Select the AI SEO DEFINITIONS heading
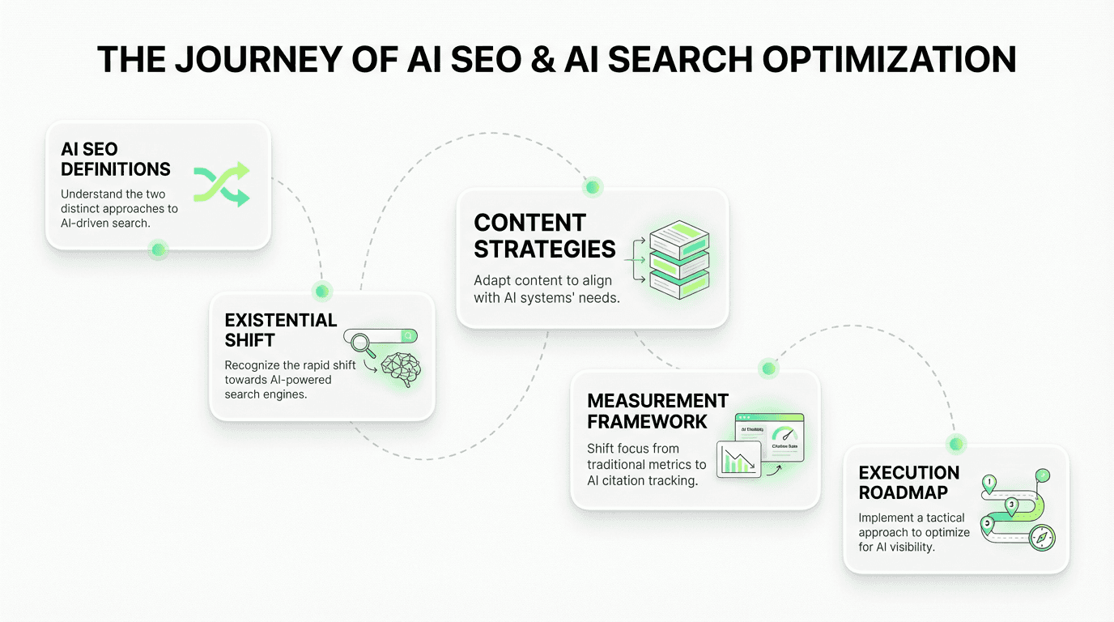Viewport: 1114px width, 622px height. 116,159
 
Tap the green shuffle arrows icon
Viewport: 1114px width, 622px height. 221,183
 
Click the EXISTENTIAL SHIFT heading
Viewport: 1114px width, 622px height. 281,330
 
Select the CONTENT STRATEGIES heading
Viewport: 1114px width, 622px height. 545,236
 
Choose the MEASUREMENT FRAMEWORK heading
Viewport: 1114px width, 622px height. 657,411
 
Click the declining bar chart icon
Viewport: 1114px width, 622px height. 738,459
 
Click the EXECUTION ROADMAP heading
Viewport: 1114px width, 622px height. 908,483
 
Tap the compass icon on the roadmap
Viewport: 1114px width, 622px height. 1041,536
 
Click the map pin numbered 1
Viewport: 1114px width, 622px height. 989,484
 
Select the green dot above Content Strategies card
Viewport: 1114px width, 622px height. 593,187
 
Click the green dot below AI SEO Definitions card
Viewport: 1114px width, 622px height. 159,249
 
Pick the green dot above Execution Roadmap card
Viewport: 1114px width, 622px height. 957,444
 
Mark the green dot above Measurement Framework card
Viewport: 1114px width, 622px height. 769,369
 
